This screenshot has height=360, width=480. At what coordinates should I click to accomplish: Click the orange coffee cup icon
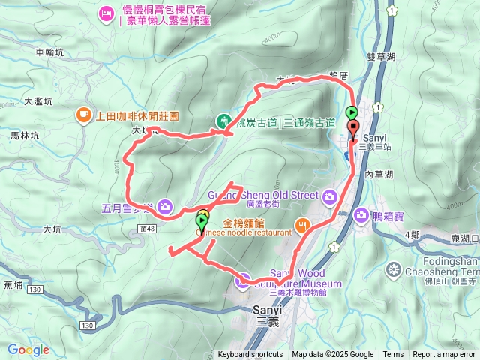82,115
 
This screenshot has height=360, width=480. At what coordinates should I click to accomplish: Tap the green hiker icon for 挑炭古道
223,121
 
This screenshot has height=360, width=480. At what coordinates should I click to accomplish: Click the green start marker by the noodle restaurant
202,221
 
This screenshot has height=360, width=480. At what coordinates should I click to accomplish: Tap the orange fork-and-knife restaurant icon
302,224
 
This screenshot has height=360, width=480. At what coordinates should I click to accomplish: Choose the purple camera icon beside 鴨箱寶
361,215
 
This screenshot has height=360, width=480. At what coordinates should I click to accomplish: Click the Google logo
28,349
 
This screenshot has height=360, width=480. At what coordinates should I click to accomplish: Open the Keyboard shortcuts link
250,355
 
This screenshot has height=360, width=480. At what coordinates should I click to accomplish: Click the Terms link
393,355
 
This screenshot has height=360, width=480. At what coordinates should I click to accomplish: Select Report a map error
445,355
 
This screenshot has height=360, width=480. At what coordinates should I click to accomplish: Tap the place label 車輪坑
50,52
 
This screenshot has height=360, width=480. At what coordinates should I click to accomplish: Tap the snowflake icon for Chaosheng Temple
392,269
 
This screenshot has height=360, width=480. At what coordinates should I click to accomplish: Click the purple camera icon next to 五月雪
164,206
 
